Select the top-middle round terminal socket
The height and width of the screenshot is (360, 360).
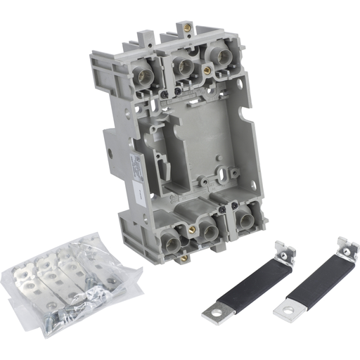[x=185, y=67]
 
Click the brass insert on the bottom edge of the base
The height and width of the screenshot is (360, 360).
[x=184, y=259]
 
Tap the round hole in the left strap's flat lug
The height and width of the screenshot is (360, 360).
[x=213, y=310]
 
